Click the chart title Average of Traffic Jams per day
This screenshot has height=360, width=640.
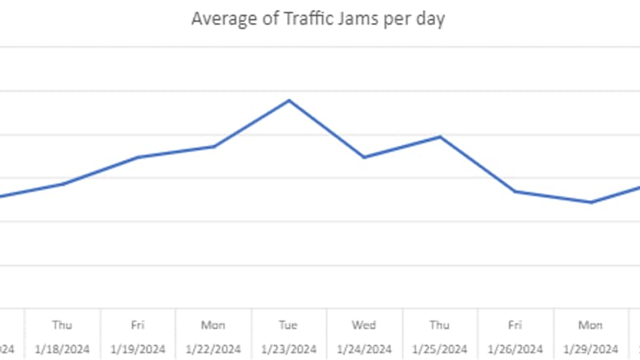click(318, 19)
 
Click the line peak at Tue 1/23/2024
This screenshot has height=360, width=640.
click(288, 101)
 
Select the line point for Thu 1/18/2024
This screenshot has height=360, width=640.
click(63, 184)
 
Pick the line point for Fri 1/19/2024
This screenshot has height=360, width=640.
click(138, 157)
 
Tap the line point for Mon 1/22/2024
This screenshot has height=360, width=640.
click(213, 147)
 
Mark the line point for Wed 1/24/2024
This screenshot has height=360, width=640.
click(364, 157)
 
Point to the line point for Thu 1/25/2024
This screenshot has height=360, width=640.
click(440, 137)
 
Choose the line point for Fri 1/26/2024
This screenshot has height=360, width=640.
click(515, 191)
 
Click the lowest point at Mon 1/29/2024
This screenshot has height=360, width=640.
click(591, 202)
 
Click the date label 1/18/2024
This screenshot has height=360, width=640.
click(63, 348)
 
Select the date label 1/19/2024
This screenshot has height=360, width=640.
click(138, 348)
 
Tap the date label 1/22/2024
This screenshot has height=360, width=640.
click(213, 348)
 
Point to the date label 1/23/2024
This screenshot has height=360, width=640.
click(288, 348)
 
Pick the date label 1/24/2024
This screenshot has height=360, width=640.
click(364, 348)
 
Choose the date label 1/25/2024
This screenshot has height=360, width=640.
click(440, 348)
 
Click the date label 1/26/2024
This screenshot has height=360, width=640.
click(515, 348)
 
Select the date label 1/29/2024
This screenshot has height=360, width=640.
click(591, 348)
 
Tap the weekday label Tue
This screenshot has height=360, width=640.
click(288, 325)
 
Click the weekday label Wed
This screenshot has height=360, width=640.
click(364, 325)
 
